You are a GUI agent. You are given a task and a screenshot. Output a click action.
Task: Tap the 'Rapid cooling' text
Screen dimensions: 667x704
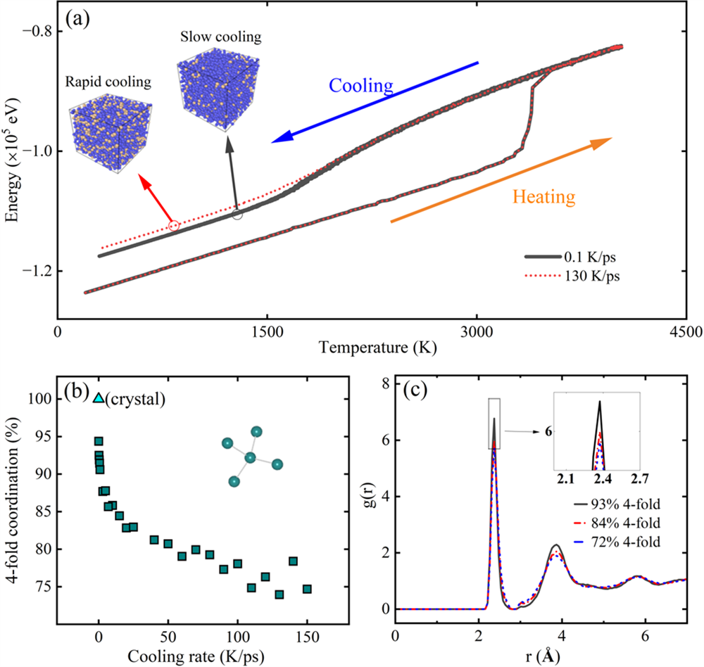[x=110, y=82]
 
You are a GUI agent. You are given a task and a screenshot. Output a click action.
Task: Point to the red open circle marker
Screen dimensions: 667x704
[x=174, y=226]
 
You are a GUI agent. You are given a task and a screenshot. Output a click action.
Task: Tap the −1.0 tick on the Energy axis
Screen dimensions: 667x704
[x=40, y=151]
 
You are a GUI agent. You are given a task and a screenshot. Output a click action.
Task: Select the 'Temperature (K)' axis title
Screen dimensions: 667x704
[x=371, y=347]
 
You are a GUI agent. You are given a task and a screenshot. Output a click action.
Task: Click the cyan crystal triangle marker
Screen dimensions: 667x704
[x=99, y=398]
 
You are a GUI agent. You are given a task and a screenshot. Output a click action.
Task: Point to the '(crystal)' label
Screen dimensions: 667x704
[x=134, y=399]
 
